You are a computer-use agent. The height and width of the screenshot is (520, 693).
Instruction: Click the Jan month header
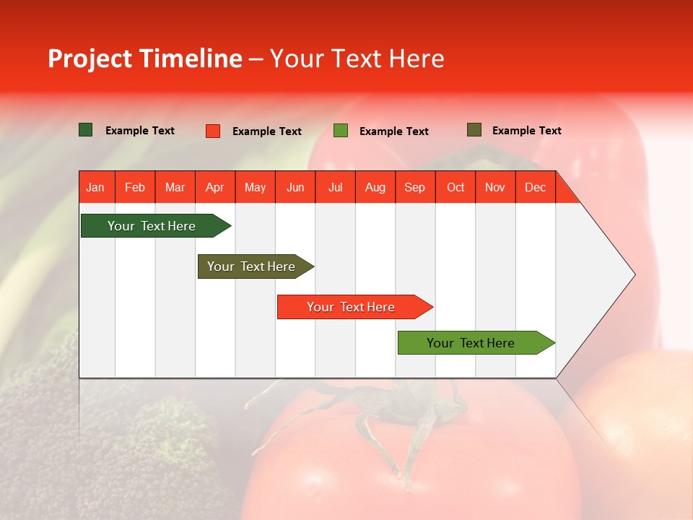pos(96,187)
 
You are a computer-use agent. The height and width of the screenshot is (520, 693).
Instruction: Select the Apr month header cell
pos(215,187)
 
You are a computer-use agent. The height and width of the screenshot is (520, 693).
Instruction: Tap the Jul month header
pos(335,187)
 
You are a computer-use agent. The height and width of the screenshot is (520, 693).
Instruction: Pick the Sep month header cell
pos(414,187)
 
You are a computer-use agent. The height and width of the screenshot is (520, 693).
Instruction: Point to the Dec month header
pos(535,187)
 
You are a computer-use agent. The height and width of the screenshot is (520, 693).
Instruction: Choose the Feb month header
pos(135,187)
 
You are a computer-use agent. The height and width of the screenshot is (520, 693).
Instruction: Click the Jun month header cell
pos(295,187)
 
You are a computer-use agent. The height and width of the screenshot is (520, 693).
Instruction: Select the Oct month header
pos(456,187)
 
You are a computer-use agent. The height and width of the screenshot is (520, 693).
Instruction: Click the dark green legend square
pos(85,130)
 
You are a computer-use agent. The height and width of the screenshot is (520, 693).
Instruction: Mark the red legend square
pos(213,131)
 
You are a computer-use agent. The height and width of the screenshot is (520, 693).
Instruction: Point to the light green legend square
pos(341,131)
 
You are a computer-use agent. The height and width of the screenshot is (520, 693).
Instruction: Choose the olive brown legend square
pos(474,130)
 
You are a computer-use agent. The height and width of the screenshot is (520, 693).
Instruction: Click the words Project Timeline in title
pos(145,58)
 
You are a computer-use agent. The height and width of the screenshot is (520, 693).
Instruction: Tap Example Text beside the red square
pos(267,131)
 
